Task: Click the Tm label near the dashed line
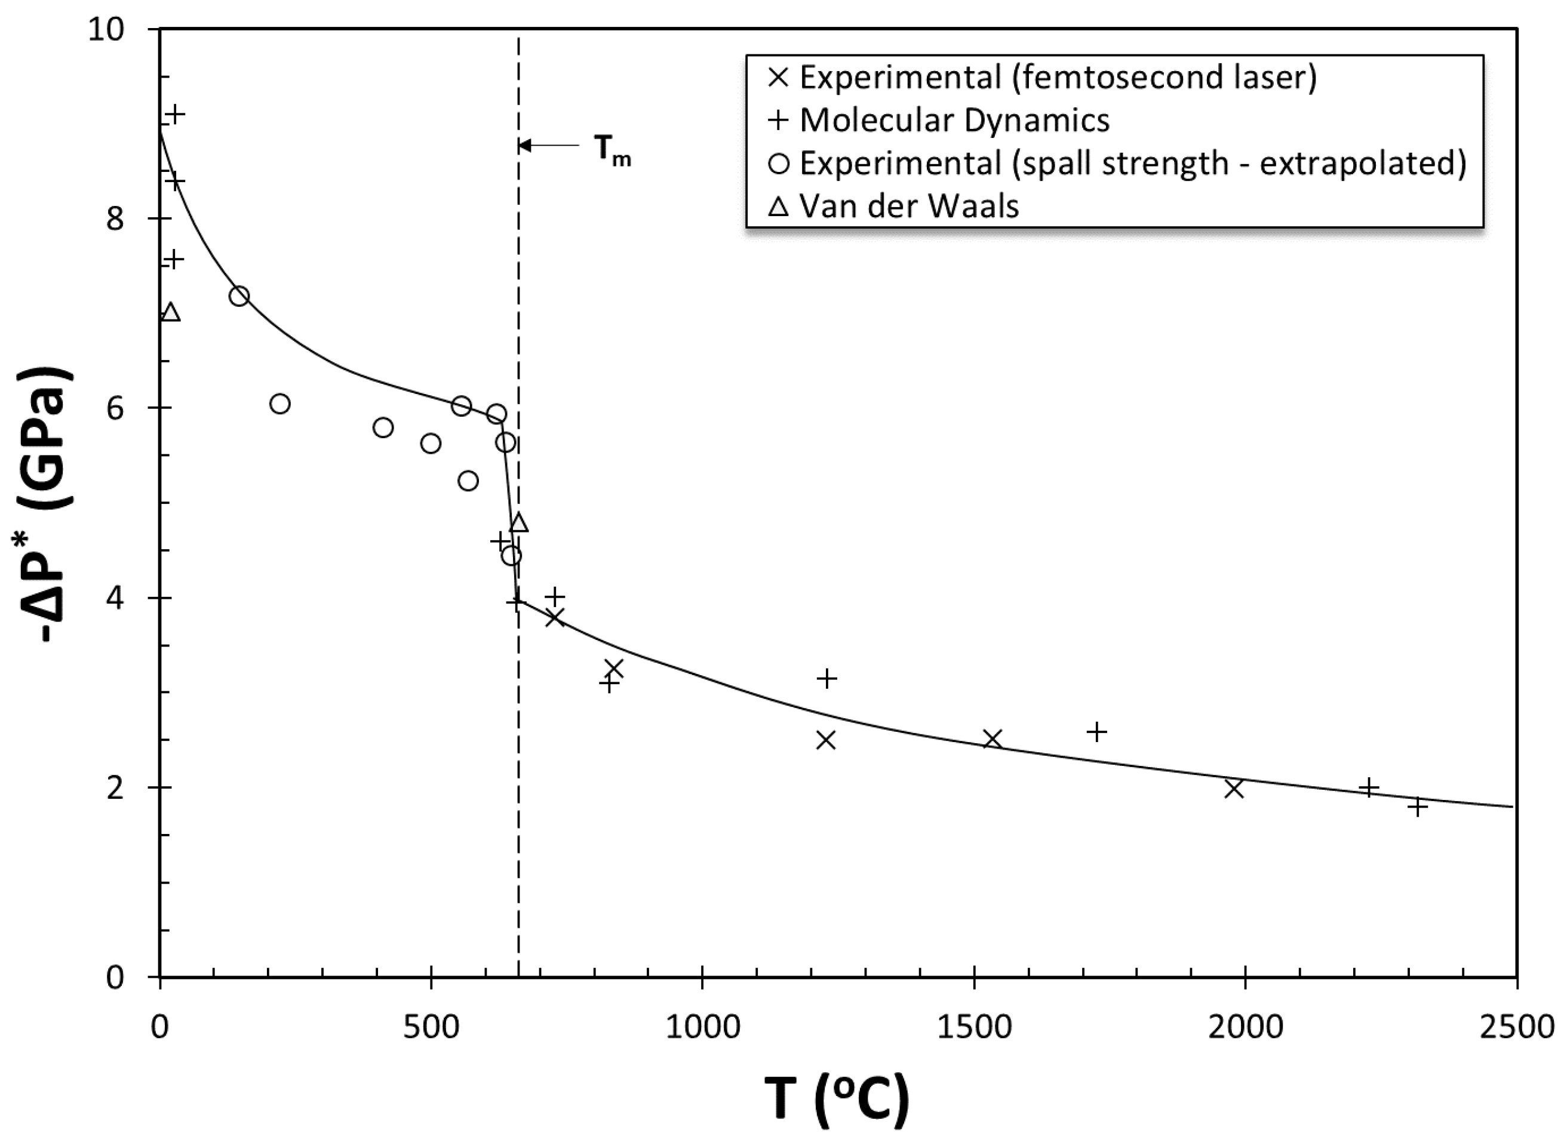612,150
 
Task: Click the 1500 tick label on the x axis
973,1028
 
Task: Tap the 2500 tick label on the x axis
1517,1028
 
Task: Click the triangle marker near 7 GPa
170,312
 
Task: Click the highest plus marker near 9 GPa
176,114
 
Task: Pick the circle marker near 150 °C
239,297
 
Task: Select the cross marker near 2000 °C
1234,789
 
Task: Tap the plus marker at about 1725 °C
1096,732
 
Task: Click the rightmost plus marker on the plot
1418,807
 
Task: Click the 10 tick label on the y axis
105,29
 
